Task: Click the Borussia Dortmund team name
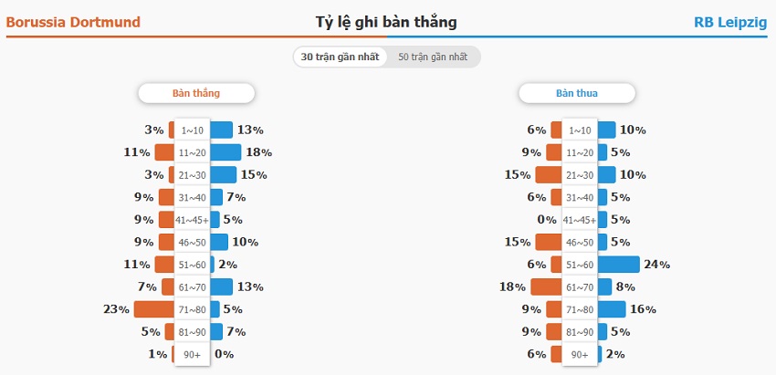[x=73, y=22]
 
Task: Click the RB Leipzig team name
[x=730, y=22]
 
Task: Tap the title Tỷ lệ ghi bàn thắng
[x=386, y=22]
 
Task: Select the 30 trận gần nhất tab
[x=340, y=57]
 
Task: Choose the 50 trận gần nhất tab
[x=433, y=57]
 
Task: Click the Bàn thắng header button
[x=196, y=93]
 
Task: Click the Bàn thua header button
[x=577, y=93]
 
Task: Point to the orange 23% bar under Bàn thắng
[x=154, y=309]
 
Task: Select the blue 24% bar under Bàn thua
[x=618, y=265]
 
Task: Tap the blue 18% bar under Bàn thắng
[x=226, y=152]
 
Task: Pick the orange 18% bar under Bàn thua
[x=546, y=287]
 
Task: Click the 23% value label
[x=116, y=309]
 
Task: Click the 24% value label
[x=657, y=265]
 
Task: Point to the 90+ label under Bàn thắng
[x=193, y=354]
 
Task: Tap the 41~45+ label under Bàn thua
[x=580, y=220]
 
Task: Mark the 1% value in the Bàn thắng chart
[x=157, y=354]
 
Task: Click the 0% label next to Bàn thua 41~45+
[x=547, y=220]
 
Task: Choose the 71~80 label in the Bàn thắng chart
[x=193, y=309]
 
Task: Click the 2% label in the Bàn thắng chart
[x=227, y=265]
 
